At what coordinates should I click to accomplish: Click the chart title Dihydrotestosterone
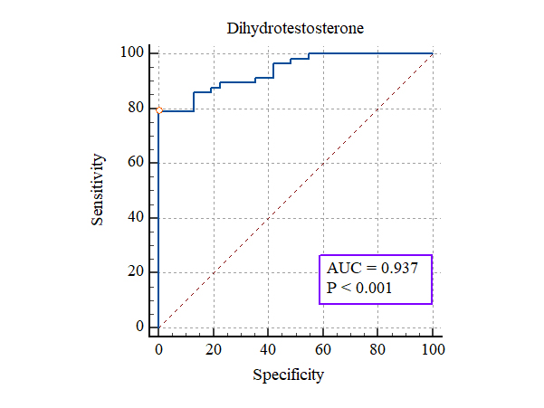(295, 28)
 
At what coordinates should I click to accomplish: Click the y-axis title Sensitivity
(99, 190)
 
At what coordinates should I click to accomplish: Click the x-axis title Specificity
(288, 374)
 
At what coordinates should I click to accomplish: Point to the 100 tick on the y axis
(132, 53)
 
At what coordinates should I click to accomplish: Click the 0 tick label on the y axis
(140, 327)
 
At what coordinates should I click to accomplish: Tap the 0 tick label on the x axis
(158, 348)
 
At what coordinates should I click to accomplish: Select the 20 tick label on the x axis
(214, 348)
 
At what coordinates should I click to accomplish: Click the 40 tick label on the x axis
(268, 348)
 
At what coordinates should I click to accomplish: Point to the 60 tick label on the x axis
(323, 348)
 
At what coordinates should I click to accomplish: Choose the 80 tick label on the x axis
(377, 348)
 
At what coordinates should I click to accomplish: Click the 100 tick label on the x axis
(433, 348)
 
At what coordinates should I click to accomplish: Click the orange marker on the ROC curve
(158, 110)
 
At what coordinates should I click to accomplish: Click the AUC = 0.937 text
(375, 269)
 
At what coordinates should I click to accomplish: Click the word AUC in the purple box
(344, 269)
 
